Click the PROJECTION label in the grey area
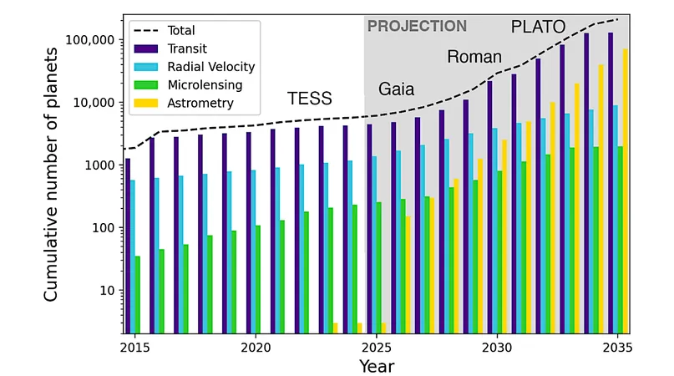click(417, 26)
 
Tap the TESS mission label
click(310, 99)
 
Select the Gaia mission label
click(396, 89)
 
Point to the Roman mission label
click(474, 57)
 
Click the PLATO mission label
click(538, 27)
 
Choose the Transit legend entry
click(170, 48)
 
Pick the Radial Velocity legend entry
click(195, 67)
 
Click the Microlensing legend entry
click(188, 84)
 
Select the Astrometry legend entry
click(184, 104)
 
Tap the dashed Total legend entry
click(165, 31)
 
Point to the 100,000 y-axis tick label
click(84, 40)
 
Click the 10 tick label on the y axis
click(108, 291)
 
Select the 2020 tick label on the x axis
click(256, 348)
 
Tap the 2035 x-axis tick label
click(617, 348)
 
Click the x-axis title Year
click(377, 366)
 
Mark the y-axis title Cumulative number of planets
click(51, 175)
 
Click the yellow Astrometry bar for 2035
click(626, 191)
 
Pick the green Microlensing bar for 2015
click(138, 295)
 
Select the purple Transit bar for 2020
click(248, 233)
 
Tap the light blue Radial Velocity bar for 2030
click(495, 231)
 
